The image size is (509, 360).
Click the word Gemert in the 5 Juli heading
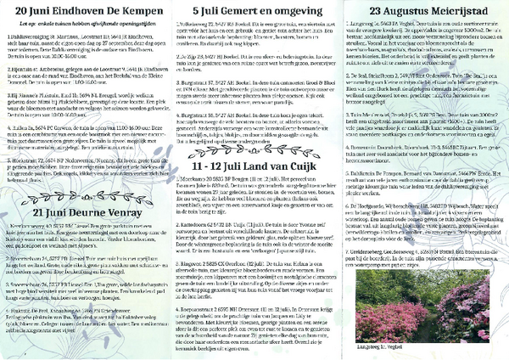click(232, 11)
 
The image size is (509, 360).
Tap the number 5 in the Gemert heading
click(197, 11)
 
